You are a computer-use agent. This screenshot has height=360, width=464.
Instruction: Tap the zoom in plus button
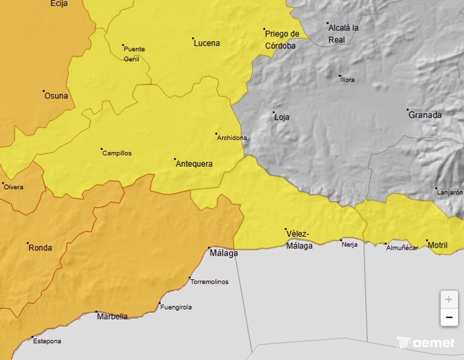coord(449,299)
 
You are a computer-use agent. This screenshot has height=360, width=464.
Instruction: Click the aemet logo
coord(426,343)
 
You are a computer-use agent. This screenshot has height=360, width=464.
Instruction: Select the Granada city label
coord(426,115)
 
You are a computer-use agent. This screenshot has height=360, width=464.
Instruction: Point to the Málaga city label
coord(224,254)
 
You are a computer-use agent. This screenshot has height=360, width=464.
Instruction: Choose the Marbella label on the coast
coord(112,316)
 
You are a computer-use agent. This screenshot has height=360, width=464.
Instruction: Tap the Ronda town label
coord(40,248)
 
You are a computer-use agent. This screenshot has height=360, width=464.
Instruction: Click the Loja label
coord(282,117)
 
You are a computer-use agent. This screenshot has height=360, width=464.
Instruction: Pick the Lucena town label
coord(206,44)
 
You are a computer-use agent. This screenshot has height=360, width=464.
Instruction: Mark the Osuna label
coord(56,96)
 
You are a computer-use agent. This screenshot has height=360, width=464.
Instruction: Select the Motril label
coord(438,246)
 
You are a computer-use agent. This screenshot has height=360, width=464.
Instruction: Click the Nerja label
coord(349,244)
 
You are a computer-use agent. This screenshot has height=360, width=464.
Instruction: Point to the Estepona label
coord(47,341)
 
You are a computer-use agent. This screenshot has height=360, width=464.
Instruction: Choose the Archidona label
coord(233,138)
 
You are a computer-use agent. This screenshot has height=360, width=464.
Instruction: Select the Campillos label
coord(117,153)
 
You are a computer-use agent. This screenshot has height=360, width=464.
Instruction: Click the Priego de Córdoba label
coord(281,40)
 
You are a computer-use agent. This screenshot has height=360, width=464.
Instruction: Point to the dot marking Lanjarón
coord(435,188)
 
